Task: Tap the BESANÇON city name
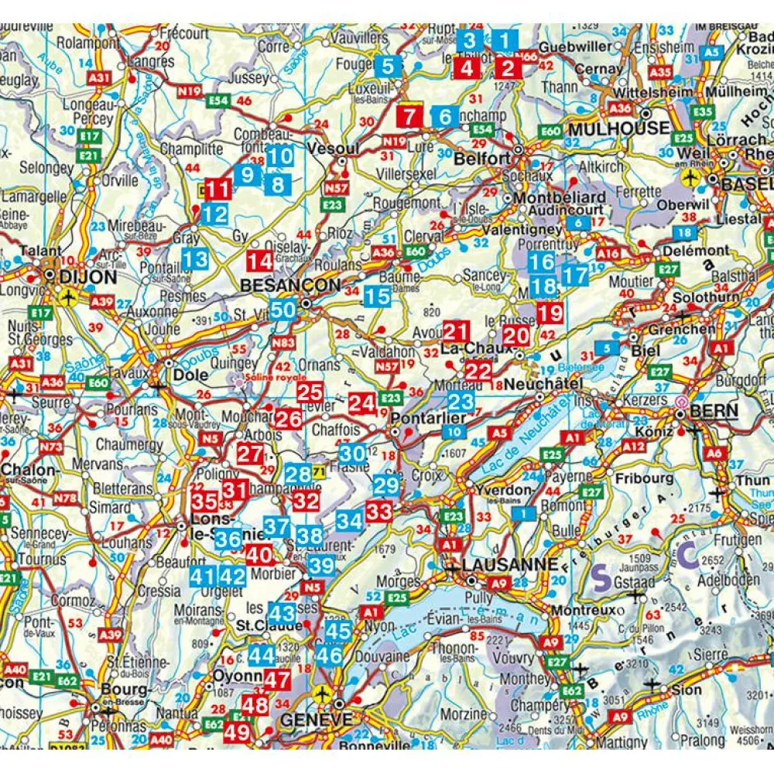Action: click(x=290, y=286)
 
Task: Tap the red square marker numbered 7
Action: click(x=410, y=117)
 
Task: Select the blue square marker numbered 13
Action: click(x=196, y=259)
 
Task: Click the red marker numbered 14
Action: click(x=260, y=260)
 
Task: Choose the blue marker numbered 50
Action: click(x=283, y=310)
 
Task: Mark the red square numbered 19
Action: click(x=551, y=313)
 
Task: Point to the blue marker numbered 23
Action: click(x=461, y=401)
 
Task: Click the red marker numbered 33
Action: click(x=379, y=511)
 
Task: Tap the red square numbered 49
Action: click(x=238, y=731)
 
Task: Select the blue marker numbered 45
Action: click(x=338, y=630)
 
